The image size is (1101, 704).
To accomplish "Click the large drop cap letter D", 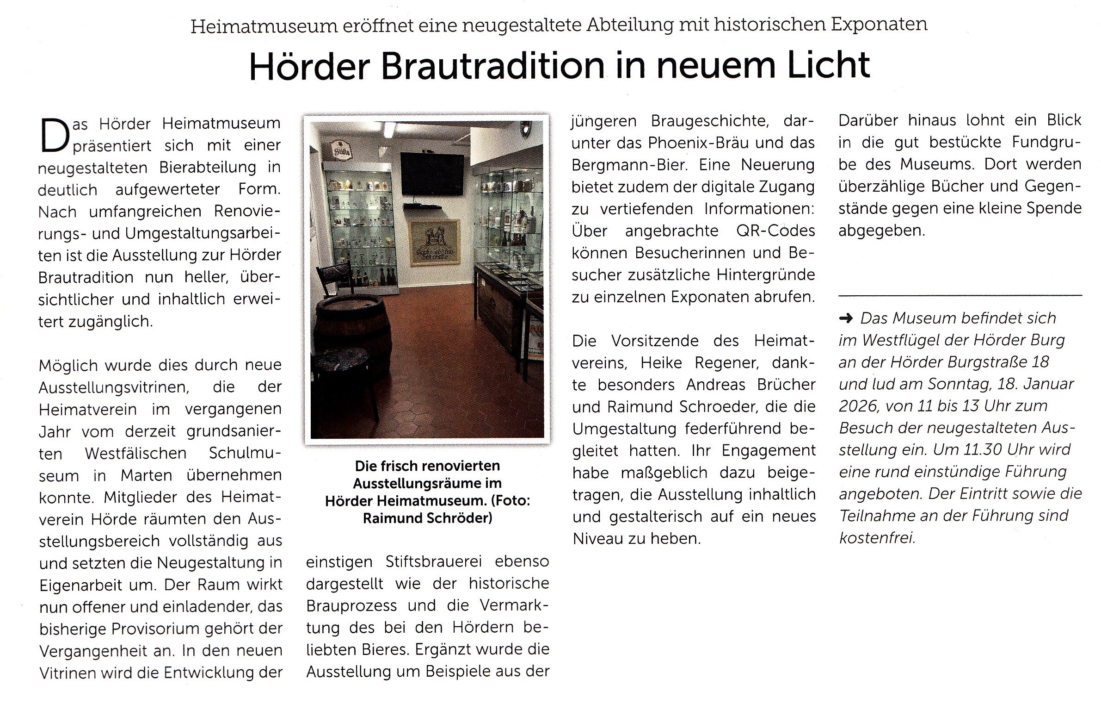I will coord(55,136).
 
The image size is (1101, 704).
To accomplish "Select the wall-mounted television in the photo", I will coord(432,174).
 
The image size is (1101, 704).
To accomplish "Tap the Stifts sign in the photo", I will coord(342,151).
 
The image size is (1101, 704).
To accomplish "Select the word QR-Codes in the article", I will coord(775,231).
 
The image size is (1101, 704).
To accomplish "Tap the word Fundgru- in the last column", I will coord(1046,142).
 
